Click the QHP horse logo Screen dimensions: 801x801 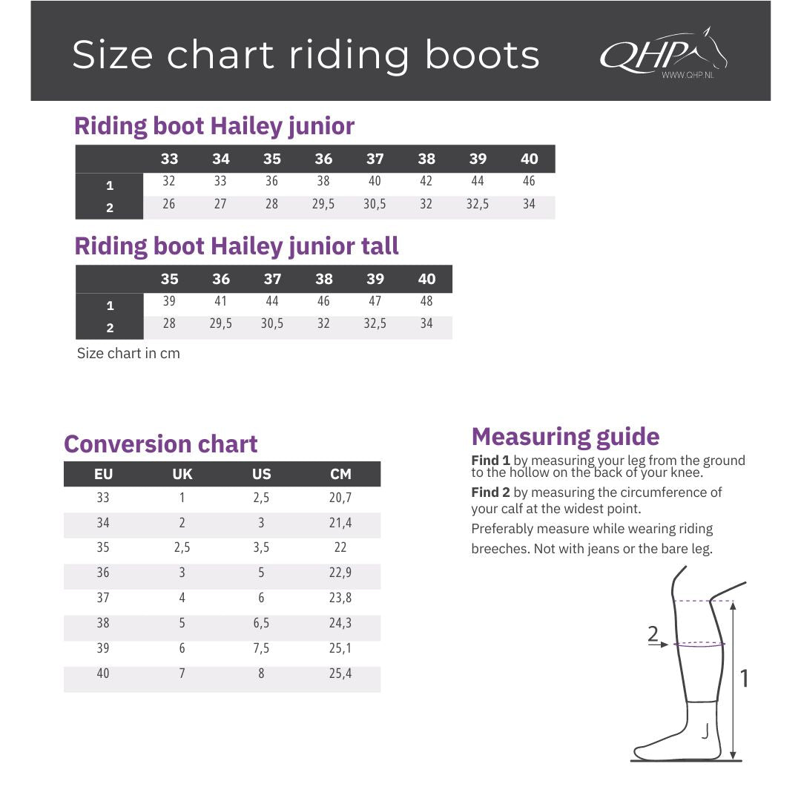tap(664, 53)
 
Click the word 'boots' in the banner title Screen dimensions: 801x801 tap(482, 54)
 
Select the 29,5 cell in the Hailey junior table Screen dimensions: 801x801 tap(323, 205)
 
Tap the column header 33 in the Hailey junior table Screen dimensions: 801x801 tap(170, 159)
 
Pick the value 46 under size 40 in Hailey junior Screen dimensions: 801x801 tap(529, 181)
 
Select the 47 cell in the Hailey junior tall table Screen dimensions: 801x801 tap(375, 301)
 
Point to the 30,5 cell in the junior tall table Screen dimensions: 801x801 tap(272, 323)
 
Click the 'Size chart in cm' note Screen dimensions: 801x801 tap(128, 354)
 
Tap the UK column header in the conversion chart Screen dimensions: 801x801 tap(182, 474)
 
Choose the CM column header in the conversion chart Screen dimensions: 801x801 tap(340, 474)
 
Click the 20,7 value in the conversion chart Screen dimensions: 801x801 tap(340, 498)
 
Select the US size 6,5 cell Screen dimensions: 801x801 tap(261, 623)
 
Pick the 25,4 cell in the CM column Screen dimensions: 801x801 tap(340, 673)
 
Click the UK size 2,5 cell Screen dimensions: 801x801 tap(182, 547)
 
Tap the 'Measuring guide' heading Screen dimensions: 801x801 tap(565, 437)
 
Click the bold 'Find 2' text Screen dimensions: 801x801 tap(490, 492)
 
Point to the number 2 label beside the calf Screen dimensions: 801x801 tap(653, 633)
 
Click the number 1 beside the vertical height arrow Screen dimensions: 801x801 tap(745, 679)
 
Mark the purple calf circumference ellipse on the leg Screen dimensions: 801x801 tap(699, 645)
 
